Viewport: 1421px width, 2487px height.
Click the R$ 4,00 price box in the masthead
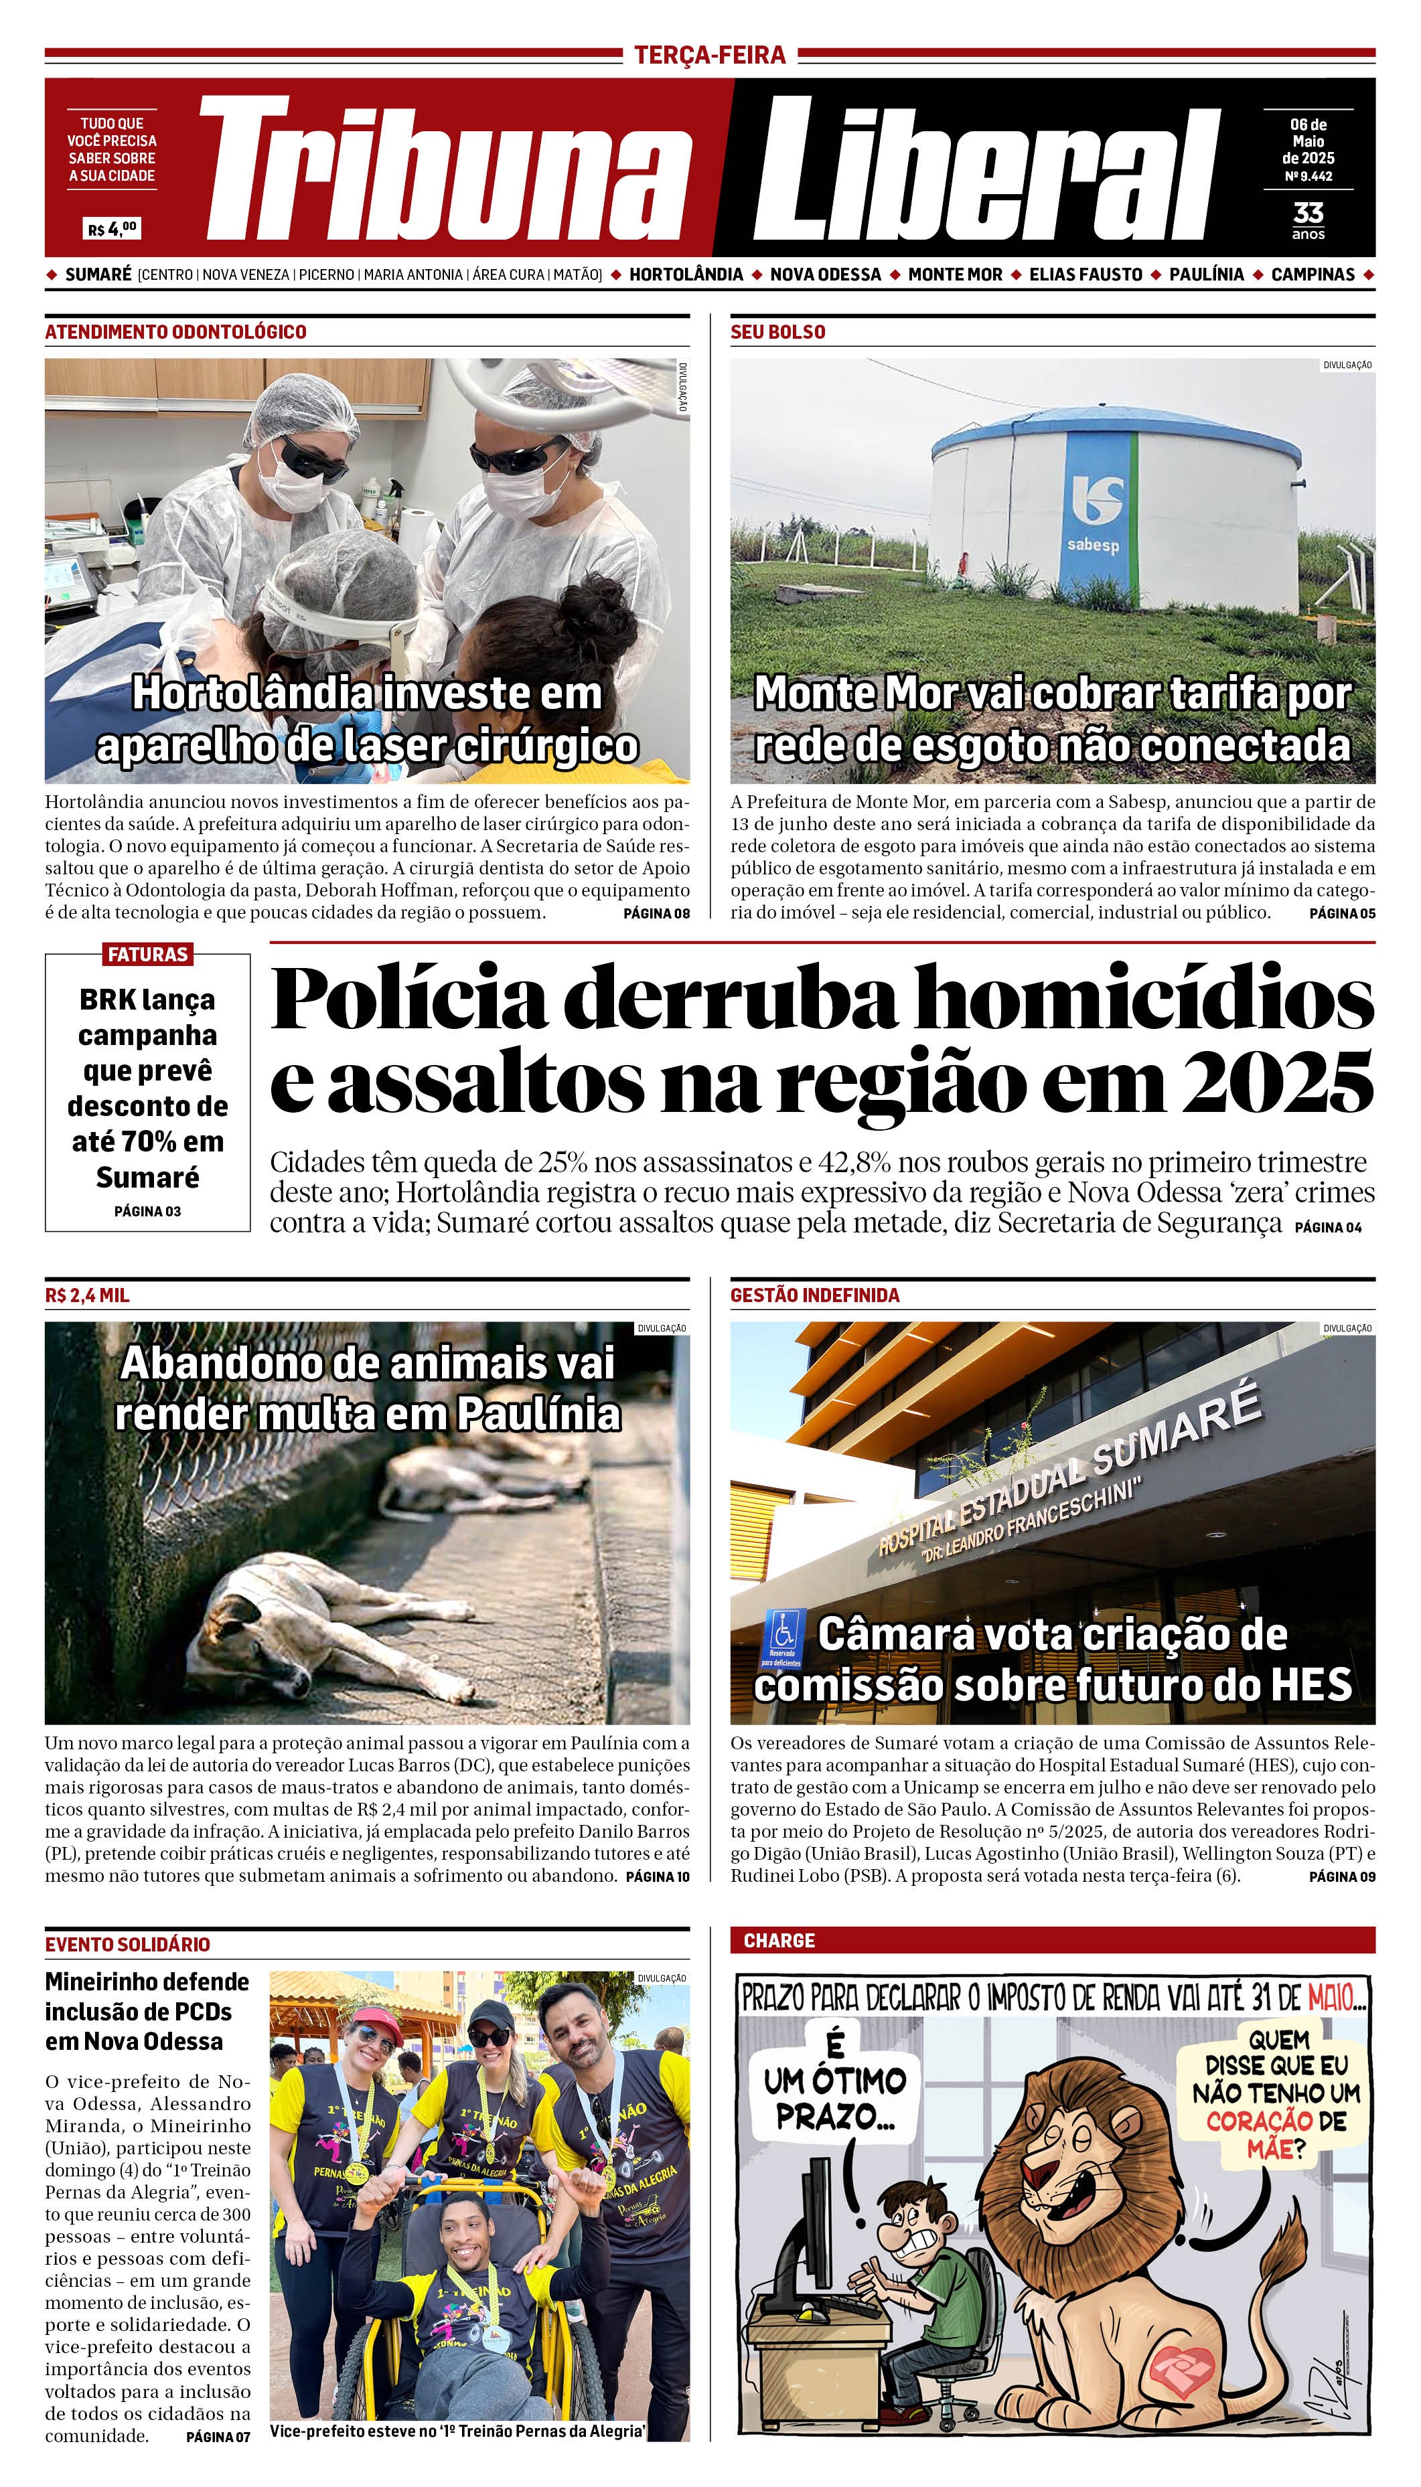point(113,229)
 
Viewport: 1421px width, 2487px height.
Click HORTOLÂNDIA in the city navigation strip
point(686,274)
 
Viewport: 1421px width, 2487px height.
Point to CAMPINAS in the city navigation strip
point(1313,274)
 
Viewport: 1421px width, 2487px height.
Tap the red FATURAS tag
point(147,954)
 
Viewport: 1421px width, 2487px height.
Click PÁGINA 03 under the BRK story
point(147,1211)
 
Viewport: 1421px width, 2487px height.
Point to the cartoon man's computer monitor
point(812,2241)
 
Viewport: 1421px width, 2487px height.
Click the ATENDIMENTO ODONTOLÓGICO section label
point(175,332)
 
